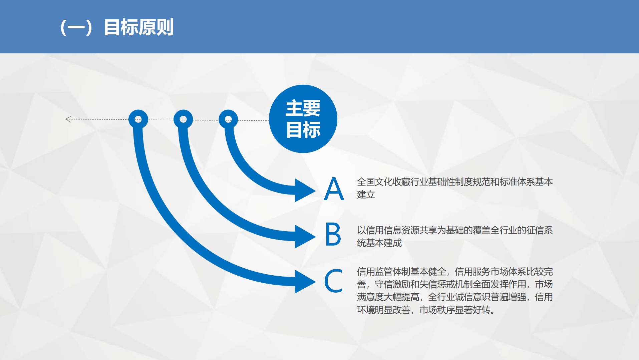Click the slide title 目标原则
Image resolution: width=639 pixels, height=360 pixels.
pyautogui.click(x=138, y=27)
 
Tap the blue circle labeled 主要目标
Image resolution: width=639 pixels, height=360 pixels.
pyautogui.click(x=303, y=119)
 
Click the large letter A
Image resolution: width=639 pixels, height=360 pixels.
pyautogui.click(x=334, y=189)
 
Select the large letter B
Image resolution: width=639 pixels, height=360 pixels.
pyautogui.click(x=333, y=234)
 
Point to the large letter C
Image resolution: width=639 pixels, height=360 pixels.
pyautogui.click(x=333, y=281)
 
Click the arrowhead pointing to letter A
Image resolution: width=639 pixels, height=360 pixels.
pyautogui.click(x=305, y=190)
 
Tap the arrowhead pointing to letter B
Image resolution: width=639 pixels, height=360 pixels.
pyautogui.click(x=305, y=236)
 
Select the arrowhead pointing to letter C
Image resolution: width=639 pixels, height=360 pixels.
pyautogui.click(x=305, y=282)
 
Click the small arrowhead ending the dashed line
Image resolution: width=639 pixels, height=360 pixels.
pyautogui.click(x=68, y=119)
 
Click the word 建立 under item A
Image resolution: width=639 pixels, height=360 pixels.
pyautogui.click(x=366, y=195)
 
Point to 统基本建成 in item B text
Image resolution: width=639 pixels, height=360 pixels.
pyautogui.click(x=379, y=243)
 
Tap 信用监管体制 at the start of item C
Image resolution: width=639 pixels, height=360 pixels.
pyautogui.click(x=384, y=272)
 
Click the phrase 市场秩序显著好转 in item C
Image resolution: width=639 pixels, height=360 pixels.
pyautogui.click(x=455, y=310)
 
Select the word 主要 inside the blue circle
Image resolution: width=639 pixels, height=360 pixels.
pyautogui.click(x=303, y=108)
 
